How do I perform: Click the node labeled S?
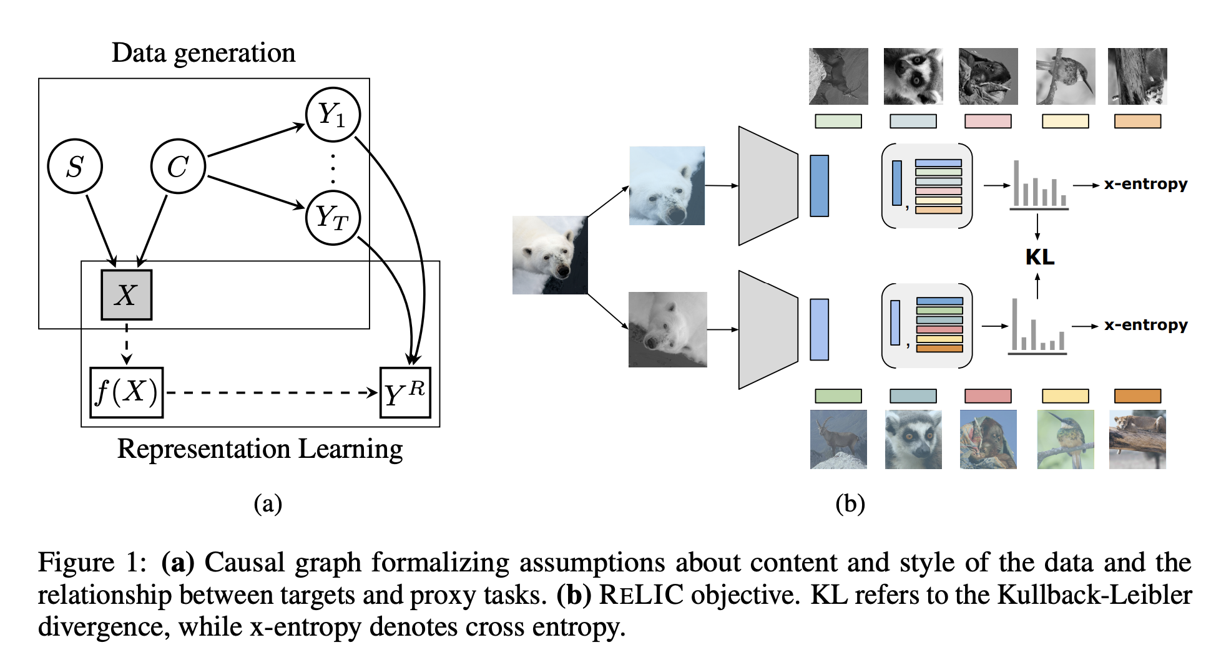pyautogui.click(x=75, y=166)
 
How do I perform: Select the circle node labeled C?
pyautogui.click(x=178, y=166)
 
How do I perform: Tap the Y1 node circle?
pyautogui.click(x=333, y=115)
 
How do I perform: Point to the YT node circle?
pyautogui.click(x=333, y=218)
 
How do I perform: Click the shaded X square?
pyautogui.click(x=127, y=295)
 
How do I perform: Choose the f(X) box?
pyautogui.click(x=127, y=392)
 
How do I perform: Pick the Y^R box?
pyautogui.click(x=405, y=392)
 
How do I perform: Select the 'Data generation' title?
pyautogui.click(x=203, y=53)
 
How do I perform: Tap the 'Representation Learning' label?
pyautogui.click(x=260, y=449)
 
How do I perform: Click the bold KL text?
pyautogui.click(x=1040, y=257)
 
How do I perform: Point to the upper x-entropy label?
pyautogui.click(x=1145, y=184)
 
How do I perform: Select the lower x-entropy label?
pyautogui.click(x=1145, y=325)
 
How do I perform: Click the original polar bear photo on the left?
pyautogui.click(x=550, y=255)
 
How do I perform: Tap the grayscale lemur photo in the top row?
pyautogui.click(x=913, y=76)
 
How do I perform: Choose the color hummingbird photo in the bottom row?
pyautogui.click(x=1066, y=439)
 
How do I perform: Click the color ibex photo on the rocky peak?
pyautogui.click(x=838, y=439)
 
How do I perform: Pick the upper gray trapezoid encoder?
pyautogui.click(x=768, y=186)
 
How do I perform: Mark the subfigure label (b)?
pyautogui.click(x=850, y=503)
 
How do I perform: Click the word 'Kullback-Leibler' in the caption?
pyautogui.click(x=1094, y=594)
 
